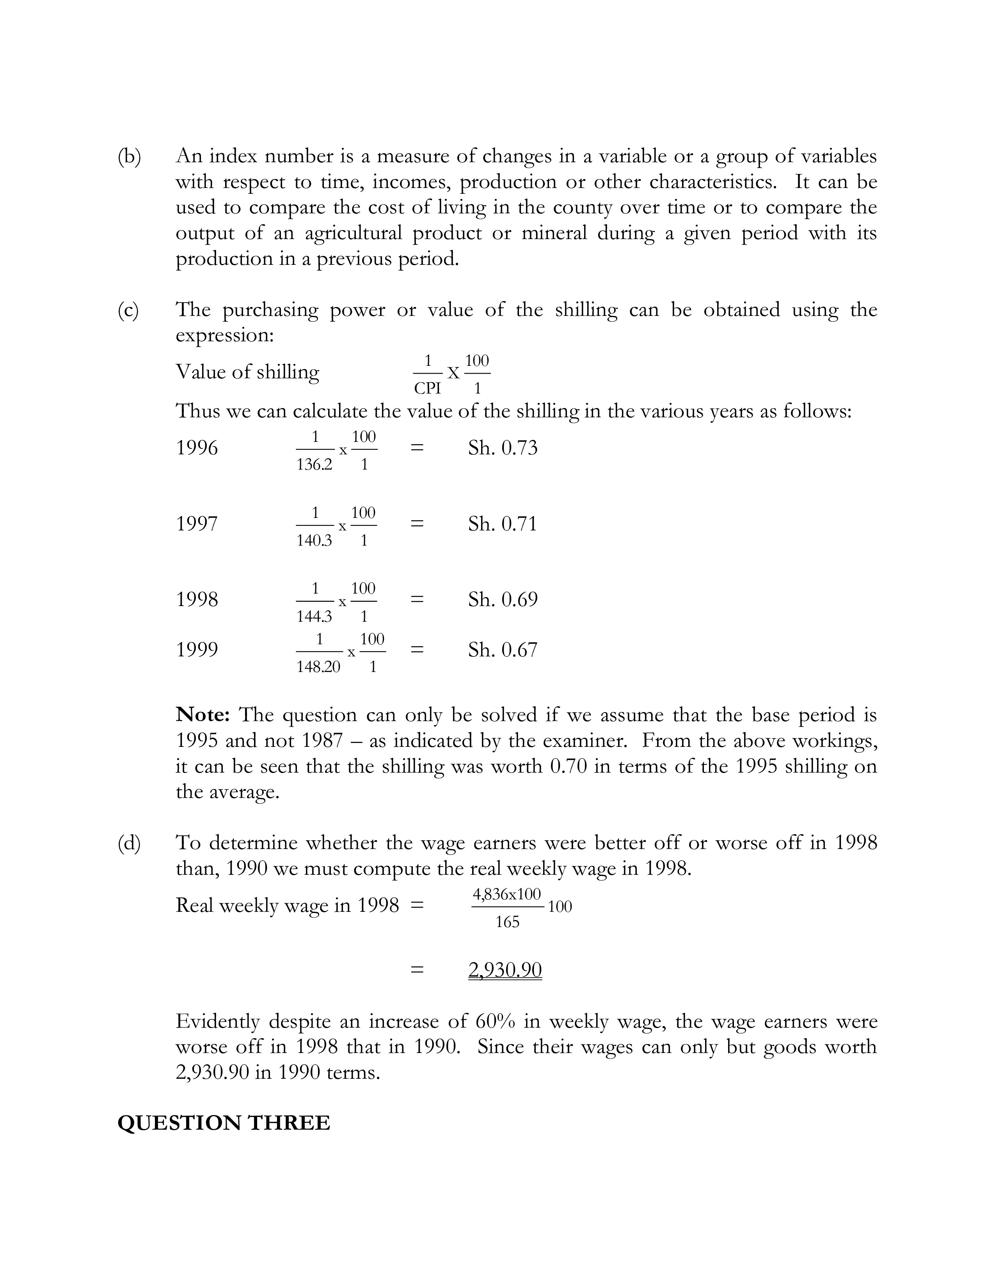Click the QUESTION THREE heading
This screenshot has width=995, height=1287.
tap(224, 1123)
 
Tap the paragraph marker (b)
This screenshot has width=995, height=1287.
tap(129, 157)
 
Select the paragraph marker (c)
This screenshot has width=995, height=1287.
tap(128, 310)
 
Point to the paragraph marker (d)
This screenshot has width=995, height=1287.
tap(129, 843)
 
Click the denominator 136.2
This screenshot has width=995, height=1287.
tap(314, 465)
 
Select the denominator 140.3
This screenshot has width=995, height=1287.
tap(314, 541)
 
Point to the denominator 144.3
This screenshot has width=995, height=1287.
tap(314, 616)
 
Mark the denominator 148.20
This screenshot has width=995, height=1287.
tap(318, 667)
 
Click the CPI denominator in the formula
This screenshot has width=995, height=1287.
tap(427, 389)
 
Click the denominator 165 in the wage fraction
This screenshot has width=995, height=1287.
tap(507, 922)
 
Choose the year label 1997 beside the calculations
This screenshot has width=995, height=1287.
tap(197, 524)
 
